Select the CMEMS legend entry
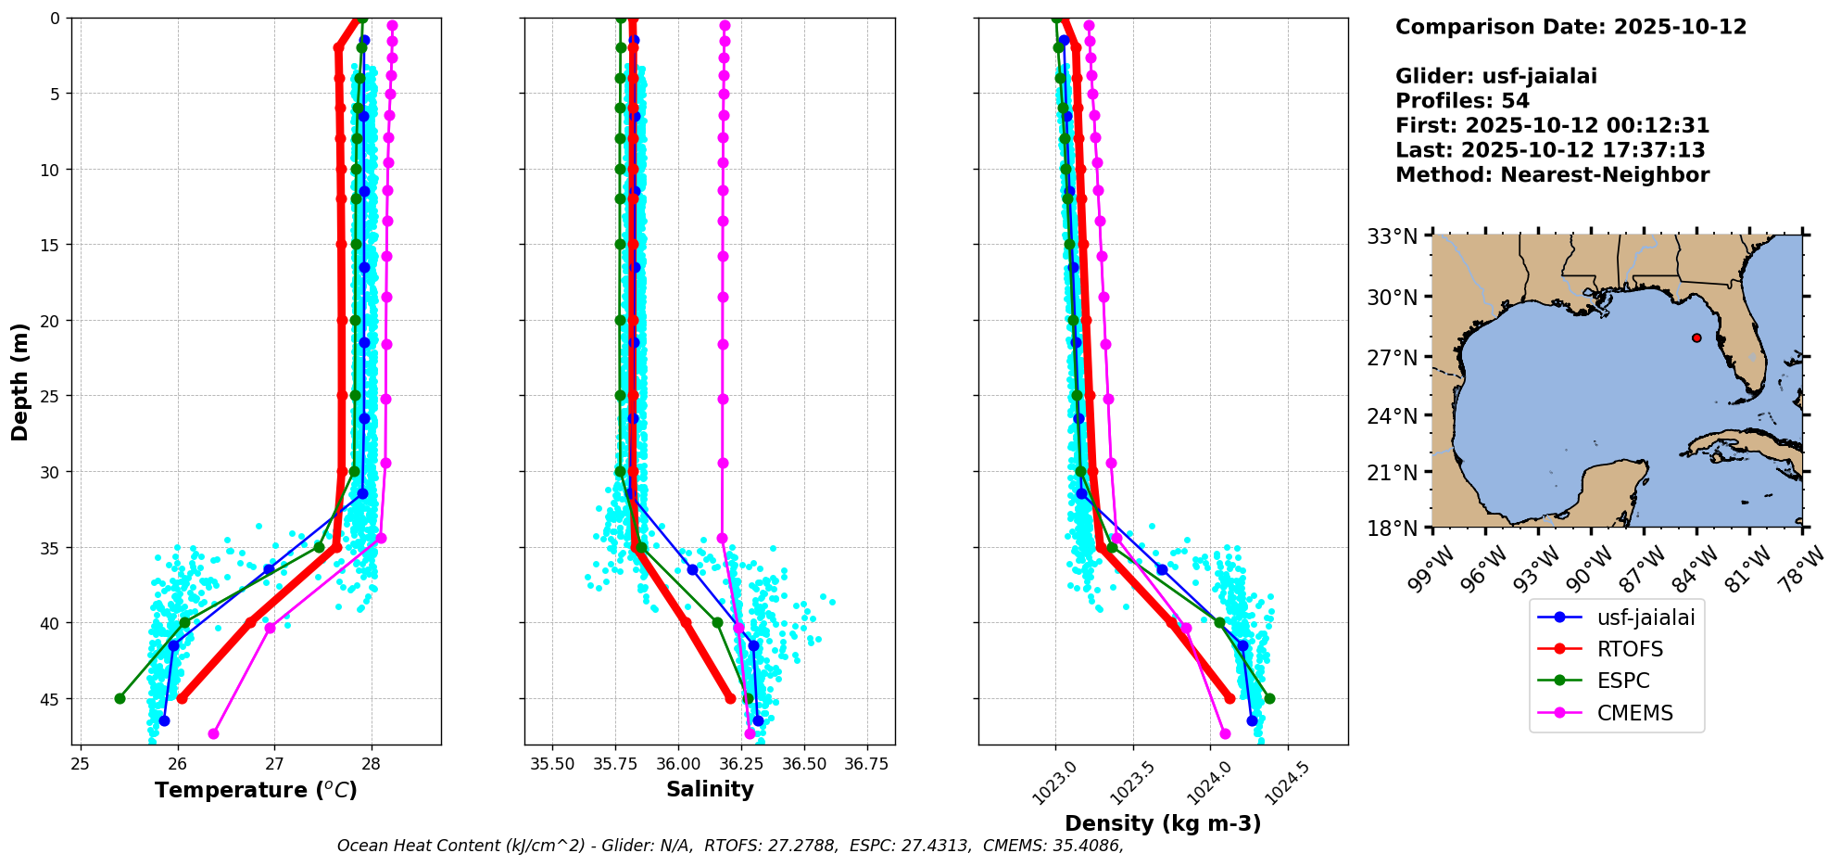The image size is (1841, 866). point(1634,713)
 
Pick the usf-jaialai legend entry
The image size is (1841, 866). point(1646,618)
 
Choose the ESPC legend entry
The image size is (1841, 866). point(1623,681)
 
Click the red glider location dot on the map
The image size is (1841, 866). point(1696,337)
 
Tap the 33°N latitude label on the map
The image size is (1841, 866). point(1393,236)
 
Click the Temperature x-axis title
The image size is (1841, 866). point(256,790)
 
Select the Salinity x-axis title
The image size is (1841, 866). point(710,789)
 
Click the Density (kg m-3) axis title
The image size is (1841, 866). point(1163,823)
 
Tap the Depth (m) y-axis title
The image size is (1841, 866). point(20,381)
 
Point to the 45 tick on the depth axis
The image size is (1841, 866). point(49,698)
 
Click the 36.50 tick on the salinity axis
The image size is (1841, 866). point(804,764)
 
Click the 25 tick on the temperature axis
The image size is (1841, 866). point(80,764)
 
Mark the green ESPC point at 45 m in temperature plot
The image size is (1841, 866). point(120,698)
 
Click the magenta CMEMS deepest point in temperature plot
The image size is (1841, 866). point(214,733)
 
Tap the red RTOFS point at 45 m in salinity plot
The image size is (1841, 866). point(730,698)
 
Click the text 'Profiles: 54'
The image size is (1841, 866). point(1462,101)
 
